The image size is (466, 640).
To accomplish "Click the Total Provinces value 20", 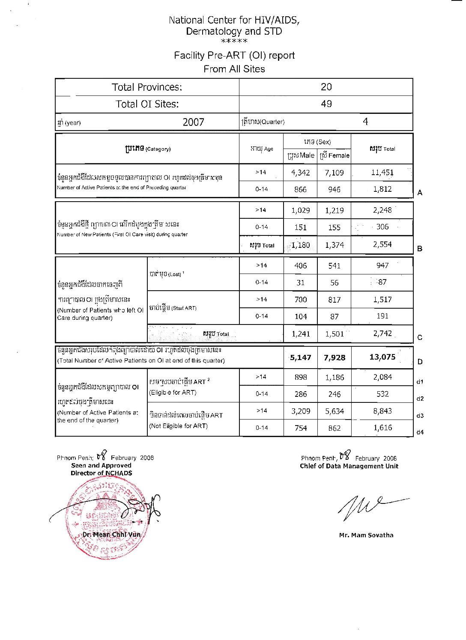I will click(326, 87).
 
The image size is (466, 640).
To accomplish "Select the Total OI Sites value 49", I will click(326, 104).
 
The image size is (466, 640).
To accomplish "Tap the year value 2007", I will click(193, 122).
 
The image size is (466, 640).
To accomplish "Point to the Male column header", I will click(301, 155).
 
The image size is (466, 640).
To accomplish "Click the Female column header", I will click(335, 155).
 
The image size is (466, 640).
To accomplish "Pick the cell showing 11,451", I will click(382, 173).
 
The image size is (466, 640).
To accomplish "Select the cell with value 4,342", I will click(300, 173).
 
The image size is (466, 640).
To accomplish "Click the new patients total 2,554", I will click(382, 244).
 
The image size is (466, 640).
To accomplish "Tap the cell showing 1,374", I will click(334, 245).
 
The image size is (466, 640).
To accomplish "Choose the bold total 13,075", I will click(382, 357).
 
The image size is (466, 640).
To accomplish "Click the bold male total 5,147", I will click(300, 357).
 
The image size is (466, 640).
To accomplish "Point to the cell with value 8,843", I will click(382, 411).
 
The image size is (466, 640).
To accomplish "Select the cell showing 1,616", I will click(382, 428).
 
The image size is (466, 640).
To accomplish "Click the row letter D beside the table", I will click(420, 362).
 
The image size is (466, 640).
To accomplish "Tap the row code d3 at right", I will click(420, 416).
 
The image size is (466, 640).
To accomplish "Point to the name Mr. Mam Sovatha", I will click(366, 535).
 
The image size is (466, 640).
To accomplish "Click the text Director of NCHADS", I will click(102, 473).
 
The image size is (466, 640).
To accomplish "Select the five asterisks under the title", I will click(234, 42).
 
